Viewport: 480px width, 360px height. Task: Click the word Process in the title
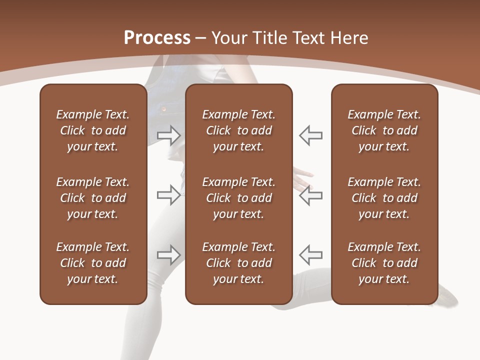(x=157, y=38)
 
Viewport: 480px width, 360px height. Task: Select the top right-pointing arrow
(x=169, y=135)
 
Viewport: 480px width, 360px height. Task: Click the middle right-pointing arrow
(x=169, y=195)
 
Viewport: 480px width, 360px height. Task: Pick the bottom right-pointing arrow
(x=169, y=255)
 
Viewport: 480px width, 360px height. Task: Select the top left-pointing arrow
(x=310, y=135)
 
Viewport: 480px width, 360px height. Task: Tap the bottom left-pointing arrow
(x=310, y=255)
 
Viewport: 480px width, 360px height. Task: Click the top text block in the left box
(x=93, y=130)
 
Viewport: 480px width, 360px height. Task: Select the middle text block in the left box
(x=93, y=198)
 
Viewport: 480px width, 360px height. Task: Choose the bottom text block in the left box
(x=93, y=263)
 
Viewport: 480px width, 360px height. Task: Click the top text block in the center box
(x=238, y=130)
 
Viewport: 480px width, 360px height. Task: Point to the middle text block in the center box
(x=238, y=198)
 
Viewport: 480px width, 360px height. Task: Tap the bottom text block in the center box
(x=238, y=263)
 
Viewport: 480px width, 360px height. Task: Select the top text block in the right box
(x=384, y=130)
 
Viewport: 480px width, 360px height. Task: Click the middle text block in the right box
(x=384, y=198)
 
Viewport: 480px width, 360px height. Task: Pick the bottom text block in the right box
(x=384, y=263)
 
